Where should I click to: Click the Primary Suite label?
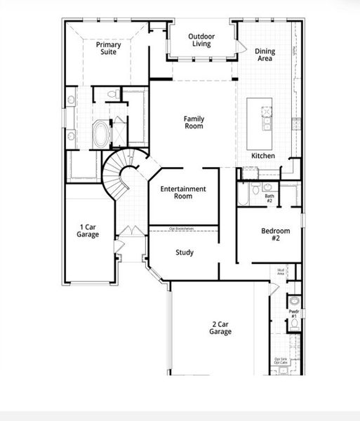click(x=109, y=48)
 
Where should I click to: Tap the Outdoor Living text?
click(x=201, y=40)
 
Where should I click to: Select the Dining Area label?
click(x=265, y=55)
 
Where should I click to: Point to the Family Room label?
click(x=194, y=122)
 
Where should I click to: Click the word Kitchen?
click(x=263, y=156)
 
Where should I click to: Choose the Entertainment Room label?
click(x=182, y=192)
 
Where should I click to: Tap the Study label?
click(x=185, y=253)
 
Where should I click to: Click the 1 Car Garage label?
click(x=88, y=231)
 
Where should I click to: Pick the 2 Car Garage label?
click(x=220, y=328)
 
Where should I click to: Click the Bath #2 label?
click(x=269, y=199)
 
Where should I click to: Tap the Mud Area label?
click(x=281, y=271)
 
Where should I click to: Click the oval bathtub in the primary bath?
click(x=101, y=133)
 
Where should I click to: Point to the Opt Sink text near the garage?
click(x=280, y=359)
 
